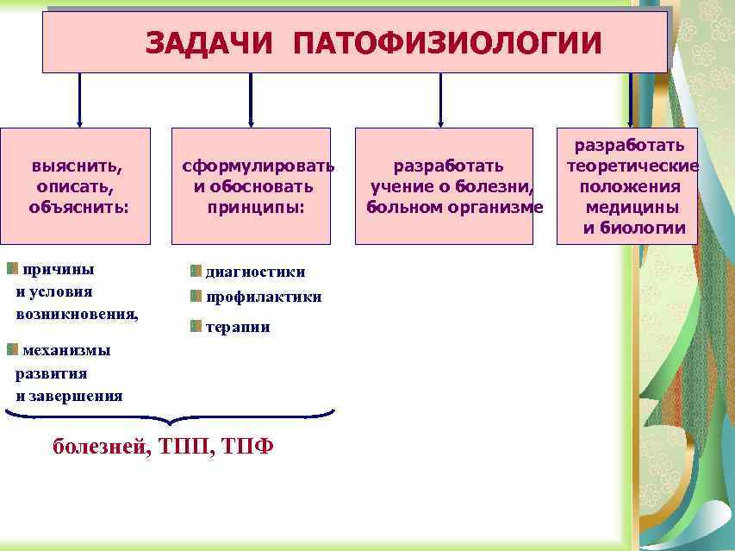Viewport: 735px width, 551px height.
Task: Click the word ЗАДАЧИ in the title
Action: [x=210, y=42]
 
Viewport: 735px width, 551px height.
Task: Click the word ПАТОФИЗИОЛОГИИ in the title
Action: [x=447, y=42]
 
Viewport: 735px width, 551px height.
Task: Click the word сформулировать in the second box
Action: [x=258, y=165]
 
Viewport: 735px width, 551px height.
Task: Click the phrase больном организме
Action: [x=455, y=207]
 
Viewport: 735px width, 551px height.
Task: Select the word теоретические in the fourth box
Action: [x=632, y=166]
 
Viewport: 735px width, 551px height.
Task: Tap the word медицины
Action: [x=632, y=207]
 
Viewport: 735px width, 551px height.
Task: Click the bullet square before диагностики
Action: [x=196, y=271]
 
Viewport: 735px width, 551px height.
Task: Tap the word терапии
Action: [x=238, y=328]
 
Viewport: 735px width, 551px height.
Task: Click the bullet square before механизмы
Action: [x=12, y=349]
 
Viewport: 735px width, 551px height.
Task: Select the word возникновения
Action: [x=77, y=314]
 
